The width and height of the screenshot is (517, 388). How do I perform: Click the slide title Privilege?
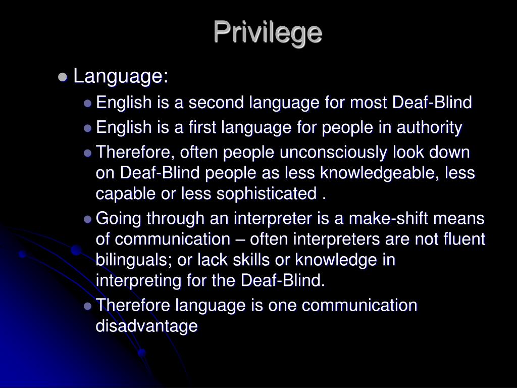pos(267,32)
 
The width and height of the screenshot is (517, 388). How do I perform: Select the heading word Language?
pos(121,77)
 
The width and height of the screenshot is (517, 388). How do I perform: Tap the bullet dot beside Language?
pos(63,77)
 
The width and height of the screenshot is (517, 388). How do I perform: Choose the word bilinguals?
pos(135,260)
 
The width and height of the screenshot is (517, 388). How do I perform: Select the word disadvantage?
pos(146,326)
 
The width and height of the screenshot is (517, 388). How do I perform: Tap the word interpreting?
pos(132,280)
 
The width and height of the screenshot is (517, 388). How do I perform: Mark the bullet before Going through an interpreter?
pos(88,219)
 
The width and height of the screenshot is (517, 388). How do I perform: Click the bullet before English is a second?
pos(88,104)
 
